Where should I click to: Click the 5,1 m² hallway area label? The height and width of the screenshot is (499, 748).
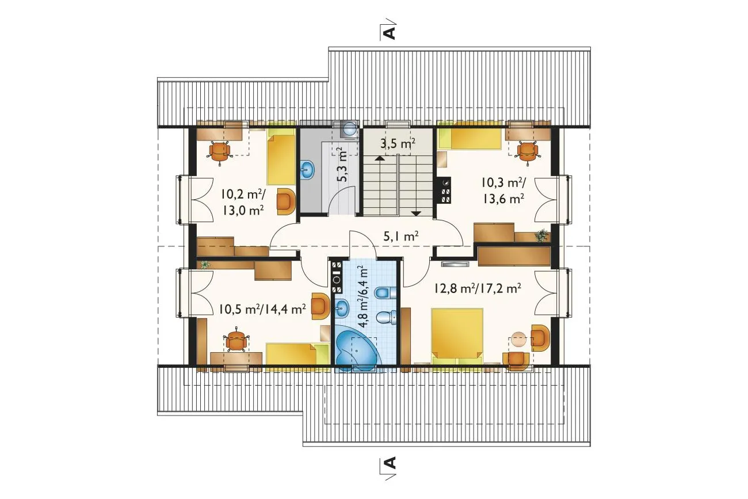coord(400,237)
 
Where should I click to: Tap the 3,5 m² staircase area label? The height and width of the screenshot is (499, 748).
coord(398,144)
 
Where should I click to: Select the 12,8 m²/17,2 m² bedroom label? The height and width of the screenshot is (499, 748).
coord(478,288)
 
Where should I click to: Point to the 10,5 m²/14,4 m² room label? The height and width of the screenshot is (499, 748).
coord(262,309)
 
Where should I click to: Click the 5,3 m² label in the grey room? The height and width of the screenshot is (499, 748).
coord(342,165)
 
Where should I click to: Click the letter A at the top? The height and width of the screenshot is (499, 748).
coord(390,33)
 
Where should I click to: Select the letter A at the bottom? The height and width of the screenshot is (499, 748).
coord(390,463)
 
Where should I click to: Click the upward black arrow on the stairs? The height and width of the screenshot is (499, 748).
coord(379,158)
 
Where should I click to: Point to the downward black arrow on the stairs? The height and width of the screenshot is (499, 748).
coord(417,214)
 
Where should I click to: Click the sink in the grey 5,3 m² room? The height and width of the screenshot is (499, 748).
coord(307,170)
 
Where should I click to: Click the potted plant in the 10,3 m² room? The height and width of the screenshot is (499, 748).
coord(541,235)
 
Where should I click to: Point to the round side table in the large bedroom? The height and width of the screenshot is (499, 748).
coord(518,338)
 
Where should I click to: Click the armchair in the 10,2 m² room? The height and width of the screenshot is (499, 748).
coord(287,202)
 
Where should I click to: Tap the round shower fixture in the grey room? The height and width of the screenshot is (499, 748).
coord(349,129)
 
